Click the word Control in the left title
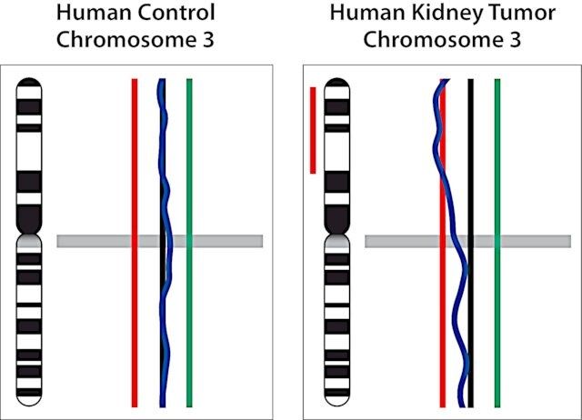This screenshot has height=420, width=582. pos(176,13)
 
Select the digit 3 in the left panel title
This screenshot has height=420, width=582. pos(208,40)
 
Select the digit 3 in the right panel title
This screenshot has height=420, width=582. pos(516,40)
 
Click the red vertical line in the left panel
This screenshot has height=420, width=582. pos(135,243)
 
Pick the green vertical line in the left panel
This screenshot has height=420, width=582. pos(189,243)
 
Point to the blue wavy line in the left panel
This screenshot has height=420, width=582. pos(164,243)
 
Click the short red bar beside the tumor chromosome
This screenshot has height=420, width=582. pos(313,130)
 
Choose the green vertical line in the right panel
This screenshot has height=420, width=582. pos(497,243)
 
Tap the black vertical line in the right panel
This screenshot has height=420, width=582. pos(471,243)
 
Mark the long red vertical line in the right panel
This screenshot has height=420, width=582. pos(443,243)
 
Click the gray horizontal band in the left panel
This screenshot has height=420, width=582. pos(160,241)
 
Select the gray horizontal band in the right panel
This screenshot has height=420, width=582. pos(467,241)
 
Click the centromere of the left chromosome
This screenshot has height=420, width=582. pos(29,235)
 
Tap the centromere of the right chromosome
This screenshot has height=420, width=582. pos(337,235)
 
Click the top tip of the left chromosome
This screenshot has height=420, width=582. pos(29,78)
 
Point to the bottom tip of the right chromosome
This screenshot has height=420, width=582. pos(337,406)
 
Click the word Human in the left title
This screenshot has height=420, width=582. pos(94,13)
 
